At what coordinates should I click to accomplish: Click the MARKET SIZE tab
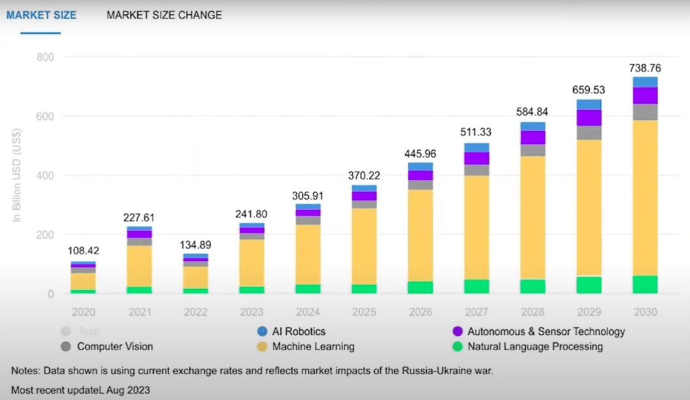pyautogui.click(x=41, y=15)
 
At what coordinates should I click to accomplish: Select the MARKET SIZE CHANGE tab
pyautogui.click(x=164, y=15)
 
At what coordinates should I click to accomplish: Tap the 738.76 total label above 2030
pyautogui.click(x=645, y=68)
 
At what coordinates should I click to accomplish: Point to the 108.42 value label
pyautogui.click(x=83, y=251)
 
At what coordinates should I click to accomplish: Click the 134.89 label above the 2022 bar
pyautogui.click(x=196, y=246)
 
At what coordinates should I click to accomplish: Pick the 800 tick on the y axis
pyautogui.click(x=46, y=57)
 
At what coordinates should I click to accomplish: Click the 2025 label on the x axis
pyautogui.click(x=364, y=312)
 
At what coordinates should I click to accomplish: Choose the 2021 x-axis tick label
pyautogui.click(x=140, y=312)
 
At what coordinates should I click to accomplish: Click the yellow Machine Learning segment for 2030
pyautogui.click(x=645, y=197)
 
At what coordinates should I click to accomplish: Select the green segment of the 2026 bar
pyautogui.click(x=420, y=287)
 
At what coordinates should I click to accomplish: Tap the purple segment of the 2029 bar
pyautogui.click(x=589, y=118)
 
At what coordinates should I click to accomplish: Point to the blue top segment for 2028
pyautogui.click(x=533, y=127)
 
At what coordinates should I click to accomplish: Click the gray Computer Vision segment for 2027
pyautogui.click(x=477, y=170)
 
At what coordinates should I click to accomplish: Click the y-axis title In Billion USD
pyautogui.click(x=17, y=175)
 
